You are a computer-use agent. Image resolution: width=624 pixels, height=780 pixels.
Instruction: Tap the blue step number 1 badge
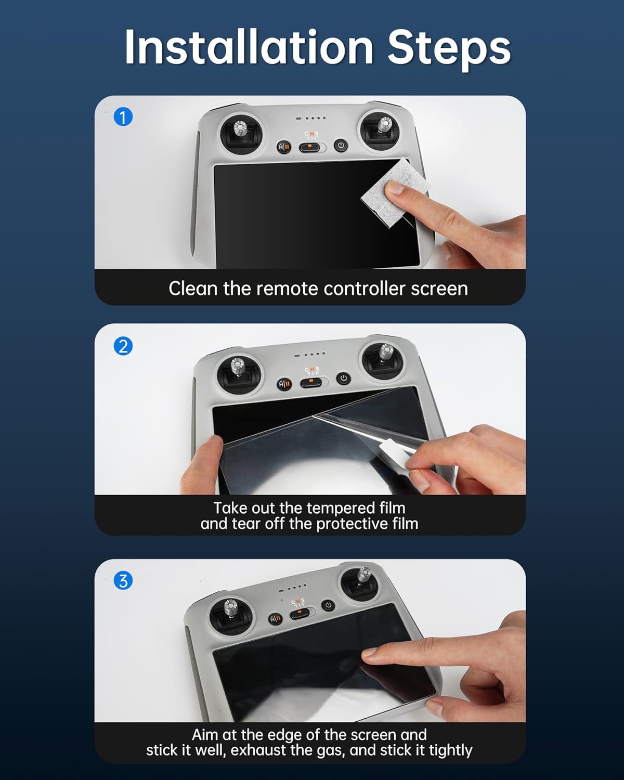[x=123, y=118]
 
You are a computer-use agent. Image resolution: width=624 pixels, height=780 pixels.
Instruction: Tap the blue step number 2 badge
[x=123, y=346]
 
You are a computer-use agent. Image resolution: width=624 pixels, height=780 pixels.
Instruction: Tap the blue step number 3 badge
[x=123, y=580]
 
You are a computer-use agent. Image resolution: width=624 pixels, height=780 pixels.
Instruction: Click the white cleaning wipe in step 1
[x=395, y=192]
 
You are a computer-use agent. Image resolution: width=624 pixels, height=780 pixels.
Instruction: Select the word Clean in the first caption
[x=193, y=289]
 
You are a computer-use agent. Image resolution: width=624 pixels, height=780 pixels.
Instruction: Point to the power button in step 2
[x=343, y=379]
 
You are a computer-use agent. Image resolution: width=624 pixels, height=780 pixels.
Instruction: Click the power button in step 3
[x=328, y=605]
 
